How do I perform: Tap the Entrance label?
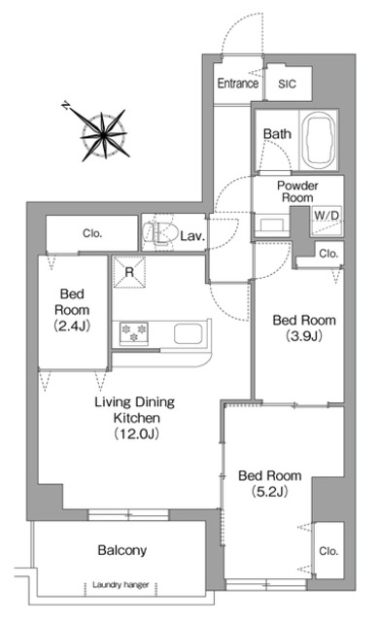click(x=237, y=85)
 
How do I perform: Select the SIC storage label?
click(x=288, y=85)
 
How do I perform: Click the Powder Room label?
click(x=297, y=190)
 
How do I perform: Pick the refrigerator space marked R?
click(x=129, y=273)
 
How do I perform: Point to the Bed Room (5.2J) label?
click(x=269, y=484)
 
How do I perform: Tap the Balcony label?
click(x=122, y=550)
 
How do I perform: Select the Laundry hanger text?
click(x=122, y=585)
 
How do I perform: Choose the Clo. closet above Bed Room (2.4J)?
click(x=93, y=233)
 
